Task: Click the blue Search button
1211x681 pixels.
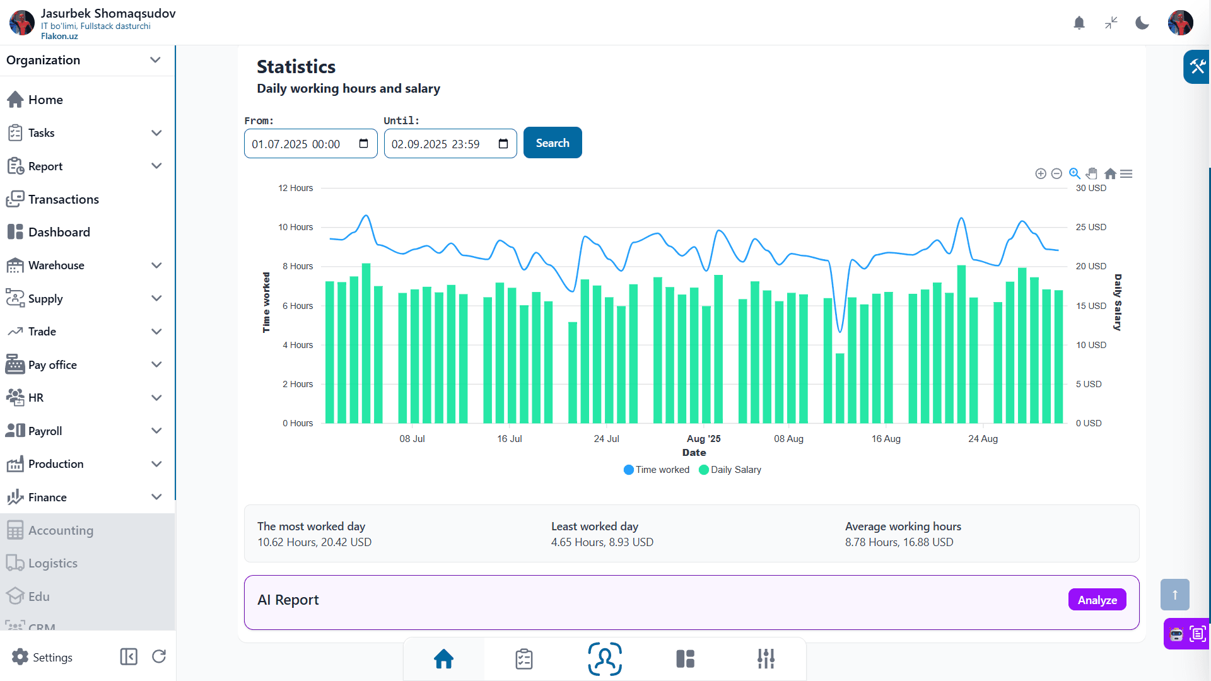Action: click(x=553, y=143)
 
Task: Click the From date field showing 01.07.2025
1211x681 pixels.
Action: click(x=310, y=144)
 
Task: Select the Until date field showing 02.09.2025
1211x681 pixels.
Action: click(x=450, y=144)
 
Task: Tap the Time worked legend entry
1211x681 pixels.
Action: click(x=657, y=470)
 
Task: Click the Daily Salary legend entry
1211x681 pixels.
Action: click(x=730, y=470)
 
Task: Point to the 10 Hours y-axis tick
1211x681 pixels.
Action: click(x=295, y=227)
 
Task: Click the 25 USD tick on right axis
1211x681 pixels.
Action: click(x=1091, y=227)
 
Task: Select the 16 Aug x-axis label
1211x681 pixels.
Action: click(x=886, y=439)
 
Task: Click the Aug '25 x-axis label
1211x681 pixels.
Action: click(x=703, y=439)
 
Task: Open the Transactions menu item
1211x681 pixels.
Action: click(x=63, y=199)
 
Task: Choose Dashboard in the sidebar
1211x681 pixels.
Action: click(x=59, y=232)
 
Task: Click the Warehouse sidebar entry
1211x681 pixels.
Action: click(x=56, y=265)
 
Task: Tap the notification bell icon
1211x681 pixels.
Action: click(x=1079, y=23)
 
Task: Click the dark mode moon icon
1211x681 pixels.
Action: click(x=1142, y=23)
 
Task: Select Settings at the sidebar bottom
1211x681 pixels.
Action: click(x=42, y=657)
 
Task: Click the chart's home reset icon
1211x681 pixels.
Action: click(x=1110, y=173)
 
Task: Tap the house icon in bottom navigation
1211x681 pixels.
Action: click(x=443, y=659)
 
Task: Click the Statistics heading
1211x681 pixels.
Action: click(x=296, y=67)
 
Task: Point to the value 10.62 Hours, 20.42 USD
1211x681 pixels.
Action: click(x=314, y=542)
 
